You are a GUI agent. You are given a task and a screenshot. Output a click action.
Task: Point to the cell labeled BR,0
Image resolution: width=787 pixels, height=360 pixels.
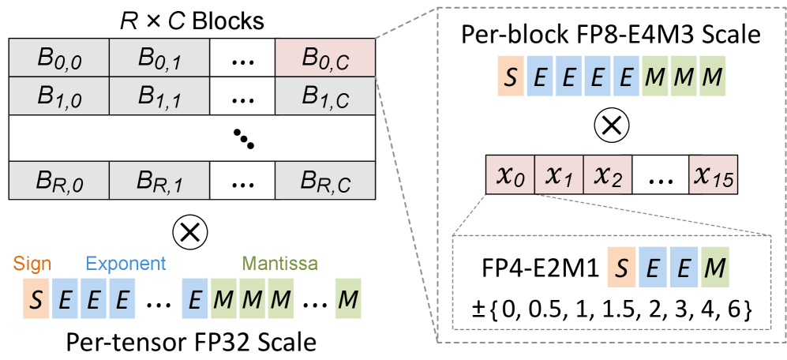click(x=59, y=181)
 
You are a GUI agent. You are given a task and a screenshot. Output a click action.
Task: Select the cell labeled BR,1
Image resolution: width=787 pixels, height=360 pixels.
click(x=159, y=181)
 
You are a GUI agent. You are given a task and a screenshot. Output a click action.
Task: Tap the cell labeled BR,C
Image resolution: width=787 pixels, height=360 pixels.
click(x=324, y=181)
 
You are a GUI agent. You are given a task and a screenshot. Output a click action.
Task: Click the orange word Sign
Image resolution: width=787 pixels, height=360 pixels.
click(x=33, y=263)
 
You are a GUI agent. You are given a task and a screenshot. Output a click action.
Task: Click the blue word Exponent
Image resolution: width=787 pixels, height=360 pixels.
click(x=126, y=263)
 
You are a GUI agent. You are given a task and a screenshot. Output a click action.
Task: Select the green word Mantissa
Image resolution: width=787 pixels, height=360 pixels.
click(x=280, y=263)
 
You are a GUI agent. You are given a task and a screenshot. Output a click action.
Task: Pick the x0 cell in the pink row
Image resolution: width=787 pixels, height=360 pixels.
click(x=510, y=176)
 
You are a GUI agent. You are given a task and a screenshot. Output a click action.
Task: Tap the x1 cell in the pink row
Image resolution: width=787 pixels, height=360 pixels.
click(x=559, y=176)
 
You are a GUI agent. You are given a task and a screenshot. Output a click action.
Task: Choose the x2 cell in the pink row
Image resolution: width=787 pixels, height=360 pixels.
click(x=608, y=176)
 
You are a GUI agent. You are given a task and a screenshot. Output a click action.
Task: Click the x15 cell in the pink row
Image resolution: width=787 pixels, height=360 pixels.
click(x=712, y=176)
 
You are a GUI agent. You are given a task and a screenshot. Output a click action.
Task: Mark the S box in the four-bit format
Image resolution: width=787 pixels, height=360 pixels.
click(x=621, y=268)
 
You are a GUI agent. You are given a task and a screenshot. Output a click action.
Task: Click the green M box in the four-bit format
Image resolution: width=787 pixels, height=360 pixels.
click(x=714, y=268)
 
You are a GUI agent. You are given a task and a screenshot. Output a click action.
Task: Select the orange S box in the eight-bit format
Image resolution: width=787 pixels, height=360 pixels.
click(x=511, y=77)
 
